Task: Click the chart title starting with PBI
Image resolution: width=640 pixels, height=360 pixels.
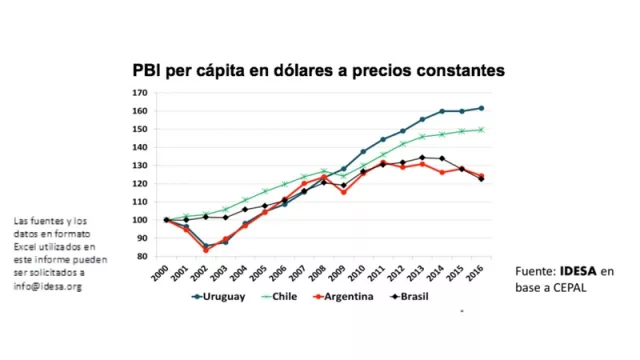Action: click(319, 71)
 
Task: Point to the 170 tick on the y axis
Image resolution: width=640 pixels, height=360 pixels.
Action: click(141, 93)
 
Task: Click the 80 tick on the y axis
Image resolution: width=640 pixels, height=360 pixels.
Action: click(143, 256)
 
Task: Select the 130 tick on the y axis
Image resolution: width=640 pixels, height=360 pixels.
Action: click(141, 165)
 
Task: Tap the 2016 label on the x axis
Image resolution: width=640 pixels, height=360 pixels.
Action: click(482, 272)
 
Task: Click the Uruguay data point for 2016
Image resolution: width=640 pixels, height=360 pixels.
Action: click(481, 108)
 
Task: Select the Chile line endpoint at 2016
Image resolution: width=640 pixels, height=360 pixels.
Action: click(481, 129)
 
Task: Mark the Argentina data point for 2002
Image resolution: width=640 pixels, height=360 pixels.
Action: click(205, 249)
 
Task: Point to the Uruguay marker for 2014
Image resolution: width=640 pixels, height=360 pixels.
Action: click(441, 111)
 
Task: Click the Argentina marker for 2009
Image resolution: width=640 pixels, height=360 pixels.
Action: click(343, 191)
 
